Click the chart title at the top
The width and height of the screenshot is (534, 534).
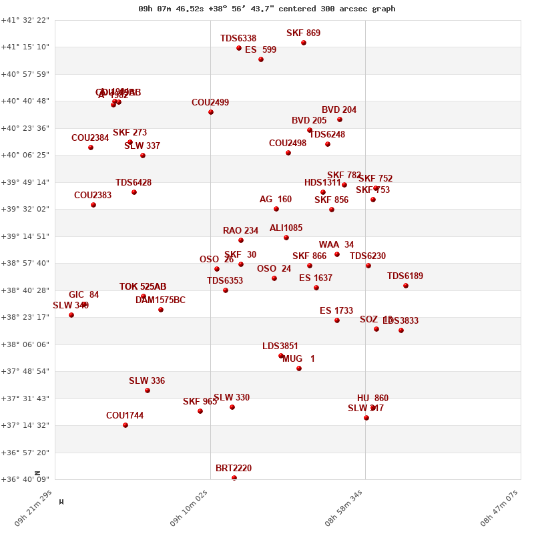267,9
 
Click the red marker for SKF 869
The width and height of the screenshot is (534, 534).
304,43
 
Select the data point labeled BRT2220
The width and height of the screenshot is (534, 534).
234,478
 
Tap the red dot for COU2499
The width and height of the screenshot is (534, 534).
211,112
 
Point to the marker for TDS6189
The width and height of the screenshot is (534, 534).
406,286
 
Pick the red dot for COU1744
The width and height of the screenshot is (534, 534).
125,425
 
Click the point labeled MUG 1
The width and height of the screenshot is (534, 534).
299,368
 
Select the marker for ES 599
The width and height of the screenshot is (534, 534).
261,59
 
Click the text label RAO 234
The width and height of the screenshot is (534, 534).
240,231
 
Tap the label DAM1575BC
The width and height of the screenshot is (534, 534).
160,300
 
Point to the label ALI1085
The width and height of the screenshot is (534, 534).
286,228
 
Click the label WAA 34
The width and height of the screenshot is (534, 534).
336,245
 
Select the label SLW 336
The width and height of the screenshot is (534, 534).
147,381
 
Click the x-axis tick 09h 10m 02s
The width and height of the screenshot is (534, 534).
190,509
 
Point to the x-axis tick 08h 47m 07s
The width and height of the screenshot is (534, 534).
500,509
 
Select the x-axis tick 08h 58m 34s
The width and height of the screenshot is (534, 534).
344,509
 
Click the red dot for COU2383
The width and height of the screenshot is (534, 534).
93,205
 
